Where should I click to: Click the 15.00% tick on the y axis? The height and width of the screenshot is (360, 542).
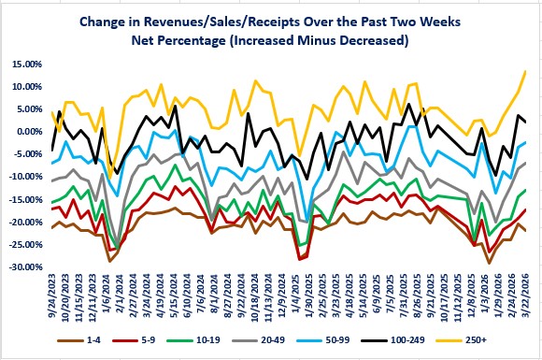(x=26, y=64)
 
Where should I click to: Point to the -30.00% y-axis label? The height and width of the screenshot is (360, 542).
(x=25, y=267)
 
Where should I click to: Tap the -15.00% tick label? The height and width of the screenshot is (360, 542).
(x=25, y=199)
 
